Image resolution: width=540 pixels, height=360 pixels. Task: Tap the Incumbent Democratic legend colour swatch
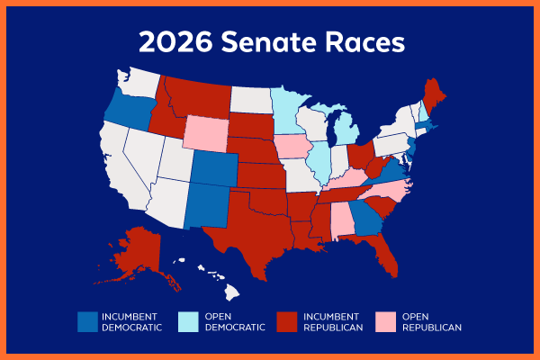pos(86,321)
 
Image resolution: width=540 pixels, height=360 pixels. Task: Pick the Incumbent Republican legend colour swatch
pos(286,321)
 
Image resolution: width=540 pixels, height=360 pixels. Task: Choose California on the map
pos(112,166)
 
